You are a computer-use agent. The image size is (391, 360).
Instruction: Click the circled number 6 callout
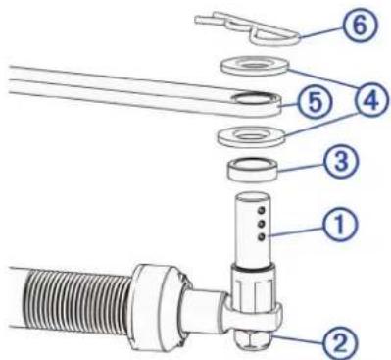pyautogui.click(x=360, y=26)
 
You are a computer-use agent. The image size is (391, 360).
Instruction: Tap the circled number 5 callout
pyautogui.click(x=315, y=102)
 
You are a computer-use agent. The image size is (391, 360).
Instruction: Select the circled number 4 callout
pyautogui.click(x=372, y=100)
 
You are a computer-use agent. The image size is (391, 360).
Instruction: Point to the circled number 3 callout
pyautogui.click(x=340, y=161)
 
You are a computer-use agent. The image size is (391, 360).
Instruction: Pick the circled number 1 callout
pyautogui.click(x=340, y=225)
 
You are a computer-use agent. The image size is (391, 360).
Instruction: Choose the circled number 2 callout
pyautogui.click(x=340, y=343)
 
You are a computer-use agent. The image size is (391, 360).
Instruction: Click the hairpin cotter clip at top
pyautogui.click(x=248, y=30)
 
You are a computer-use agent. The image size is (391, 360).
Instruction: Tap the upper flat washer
pyautogui.click(x=255, y=66)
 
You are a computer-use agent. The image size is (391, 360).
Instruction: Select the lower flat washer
pyautogui.click(x=251, y=135)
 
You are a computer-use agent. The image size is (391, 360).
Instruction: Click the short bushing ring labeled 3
pyautogui.click(x=253, y=170)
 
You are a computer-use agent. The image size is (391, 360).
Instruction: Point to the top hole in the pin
pyautogui.click(x=261, y=209)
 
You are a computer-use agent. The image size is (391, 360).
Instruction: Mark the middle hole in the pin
pyautogui.click(x=261, y=224)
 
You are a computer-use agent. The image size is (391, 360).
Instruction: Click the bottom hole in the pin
pyautogui.click(x=261, y=237)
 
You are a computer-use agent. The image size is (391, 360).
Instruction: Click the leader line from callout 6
pyautogui.click(x=321, y=32)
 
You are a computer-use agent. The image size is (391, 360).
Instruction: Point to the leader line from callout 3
pyautogui.click(x=300, y=166)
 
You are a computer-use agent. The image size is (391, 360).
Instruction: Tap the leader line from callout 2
pyautogui.click(x=299, y=338)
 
